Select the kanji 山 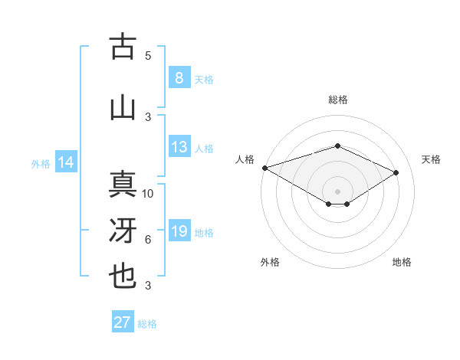pos(123,108)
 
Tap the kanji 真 pos(123,185)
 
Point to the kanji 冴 pos(123,231)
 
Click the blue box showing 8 pos(179,77)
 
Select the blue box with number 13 pos(179,147)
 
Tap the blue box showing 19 pos(179,231)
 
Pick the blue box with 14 pos(66,162)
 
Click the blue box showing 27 pos(123,322)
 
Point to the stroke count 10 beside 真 pos(149,194)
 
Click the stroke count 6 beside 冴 pos(148,240)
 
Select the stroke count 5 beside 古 pos(148,55)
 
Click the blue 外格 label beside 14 pos(41,163)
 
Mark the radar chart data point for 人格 pos(264,168)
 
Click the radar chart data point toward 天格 pos(396,172)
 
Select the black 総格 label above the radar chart pos(337,100)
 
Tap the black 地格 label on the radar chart pos(402,262)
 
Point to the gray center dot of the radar pos(337,191)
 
